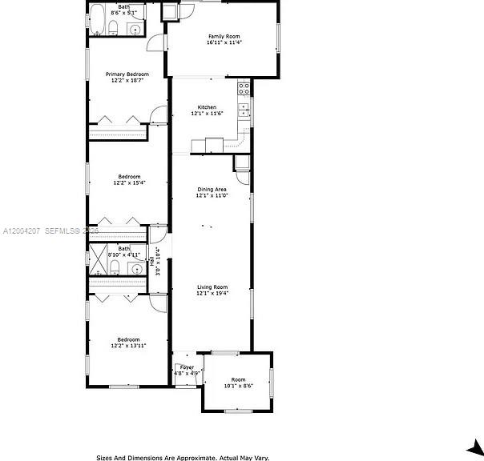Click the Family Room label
point(224,36)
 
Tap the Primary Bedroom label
point(127,74)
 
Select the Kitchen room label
point(207,107)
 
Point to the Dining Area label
point(212,189)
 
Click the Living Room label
point(212,287)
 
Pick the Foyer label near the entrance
point(187,367)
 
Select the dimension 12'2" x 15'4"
point(129,183)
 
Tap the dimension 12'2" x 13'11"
point(129,347)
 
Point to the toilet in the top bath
point(114,30)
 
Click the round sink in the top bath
point(135,30)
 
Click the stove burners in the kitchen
point(244,89)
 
